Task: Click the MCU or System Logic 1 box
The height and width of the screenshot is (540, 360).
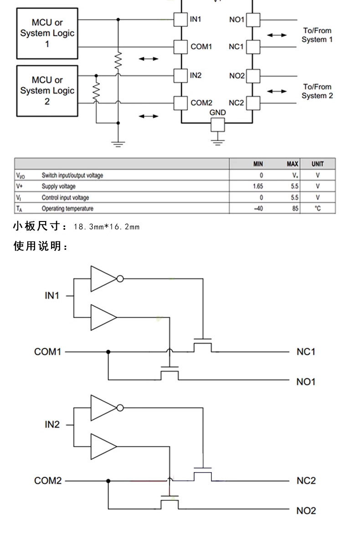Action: [47, 33]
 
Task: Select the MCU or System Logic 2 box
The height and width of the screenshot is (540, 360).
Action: [47, 91]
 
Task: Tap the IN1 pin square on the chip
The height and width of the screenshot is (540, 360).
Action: [180, 20]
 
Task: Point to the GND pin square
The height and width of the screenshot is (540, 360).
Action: [218, 125]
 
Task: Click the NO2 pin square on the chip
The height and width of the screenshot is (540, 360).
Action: [253, 76]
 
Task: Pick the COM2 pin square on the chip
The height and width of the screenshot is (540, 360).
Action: [180, 103]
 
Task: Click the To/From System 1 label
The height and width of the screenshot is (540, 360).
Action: [317, 35]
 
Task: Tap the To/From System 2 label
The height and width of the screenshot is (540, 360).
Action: [317, 91]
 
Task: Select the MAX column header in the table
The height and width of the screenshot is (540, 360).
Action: [292, 164]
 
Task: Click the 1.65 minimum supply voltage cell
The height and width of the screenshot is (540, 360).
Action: [257, 186]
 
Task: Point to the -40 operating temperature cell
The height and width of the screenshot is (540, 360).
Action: [258, 208]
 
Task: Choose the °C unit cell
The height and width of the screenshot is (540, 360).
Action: [318, 208]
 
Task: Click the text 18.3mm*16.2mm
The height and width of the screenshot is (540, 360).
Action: [107, 226]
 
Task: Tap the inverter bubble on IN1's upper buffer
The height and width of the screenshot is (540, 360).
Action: [120, 278]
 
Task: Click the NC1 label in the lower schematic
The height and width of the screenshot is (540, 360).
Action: [306, 352]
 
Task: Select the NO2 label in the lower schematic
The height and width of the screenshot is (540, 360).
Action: [306, 510]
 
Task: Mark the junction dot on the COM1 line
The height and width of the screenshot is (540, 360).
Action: [108, 352]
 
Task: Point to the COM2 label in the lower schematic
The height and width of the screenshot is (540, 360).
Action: [48, 480]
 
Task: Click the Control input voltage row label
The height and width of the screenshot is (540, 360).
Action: [65, 198]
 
